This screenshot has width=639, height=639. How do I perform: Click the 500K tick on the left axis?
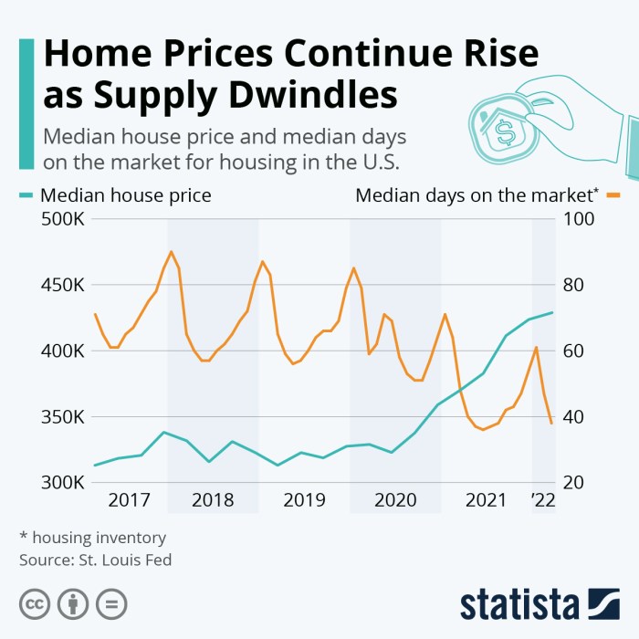pos(61,220)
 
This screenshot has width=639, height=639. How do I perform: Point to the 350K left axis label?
pos(61,417)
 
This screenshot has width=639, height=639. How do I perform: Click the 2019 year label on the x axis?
pos(304,500)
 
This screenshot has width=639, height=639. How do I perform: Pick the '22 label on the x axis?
pos(542,500)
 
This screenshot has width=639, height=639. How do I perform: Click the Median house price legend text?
pos(126,194)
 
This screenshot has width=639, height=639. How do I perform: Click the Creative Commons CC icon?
pos(35,603)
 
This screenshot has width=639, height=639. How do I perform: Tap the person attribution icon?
pos(73,603)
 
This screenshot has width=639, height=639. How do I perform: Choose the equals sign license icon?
pos(111,603)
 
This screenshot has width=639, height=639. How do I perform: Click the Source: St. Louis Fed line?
pos(96,559)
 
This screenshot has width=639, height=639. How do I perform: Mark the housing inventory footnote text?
pos(92,537)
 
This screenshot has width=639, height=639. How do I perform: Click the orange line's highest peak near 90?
pos(171,251)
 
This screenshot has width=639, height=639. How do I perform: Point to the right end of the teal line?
pos(552,312)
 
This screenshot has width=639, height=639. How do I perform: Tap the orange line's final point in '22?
pos(551,424)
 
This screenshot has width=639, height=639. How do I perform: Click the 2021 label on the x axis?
pos(486,500)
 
